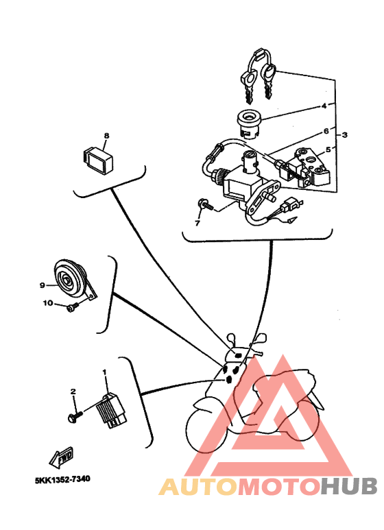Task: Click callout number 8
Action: [x=106, y=136]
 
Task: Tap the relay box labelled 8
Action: [x=98, y=158]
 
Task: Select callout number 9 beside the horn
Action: [x=43, y=286]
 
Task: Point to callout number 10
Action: [x=48, y=303]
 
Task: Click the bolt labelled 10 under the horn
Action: [x=72, y=307]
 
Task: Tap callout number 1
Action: [x=104, y=372]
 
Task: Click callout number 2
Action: [x=73, y=392]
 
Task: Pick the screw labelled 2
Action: [x=75, y=416]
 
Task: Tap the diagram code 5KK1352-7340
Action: [x=62, y=479]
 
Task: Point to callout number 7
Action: [x=197, y=223]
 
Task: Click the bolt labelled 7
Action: [x=205, y=204]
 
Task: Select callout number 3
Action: [x=344, y=135]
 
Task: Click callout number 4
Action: [x=324, y=106]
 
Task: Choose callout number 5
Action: [x=328, y=149]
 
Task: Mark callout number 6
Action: [x=326, y=131]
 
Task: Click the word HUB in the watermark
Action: [x=349, y=487]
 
